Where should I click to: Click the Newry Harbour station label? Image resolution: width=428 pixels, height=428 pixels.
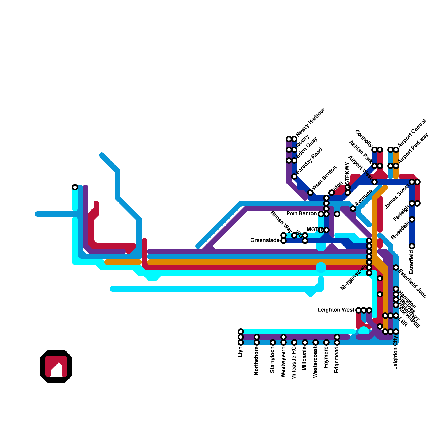[311, 122]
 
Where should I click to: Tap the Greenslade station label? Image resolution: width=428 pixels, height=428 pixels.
[265, 240]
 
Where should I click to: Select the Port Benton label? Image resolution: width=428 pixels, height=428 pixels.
[301, 214]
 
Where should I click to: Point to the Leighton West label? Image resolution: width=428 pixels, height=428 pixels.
[336, 310]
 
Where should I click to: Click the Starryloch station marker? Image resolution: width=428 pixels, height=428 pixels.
[273, 342]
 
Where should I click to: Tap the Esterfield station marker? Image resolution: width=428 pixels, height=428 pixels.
[412, 246]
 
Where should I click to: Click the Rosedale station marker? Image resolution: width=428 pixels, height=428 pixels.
[412, 219]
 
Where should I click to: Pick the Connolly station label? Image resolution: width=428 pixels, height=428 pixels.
[364, 138]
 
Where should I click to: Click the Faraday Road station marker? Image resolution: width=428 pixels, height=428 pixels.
[294, 177]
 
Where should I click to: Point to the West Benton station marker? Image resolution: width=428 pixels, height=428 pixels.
[310, 193]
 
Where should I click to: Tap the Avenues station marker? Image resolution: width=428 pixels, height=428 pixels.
[353, 209]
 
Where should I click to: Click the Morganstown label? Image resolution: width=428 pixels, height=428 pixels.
[354, 277]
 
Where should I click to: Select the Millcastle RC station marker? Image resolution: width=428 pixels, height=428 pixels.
[294, 342]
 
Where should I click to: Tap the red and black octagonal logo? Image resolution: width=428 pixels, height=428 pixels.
[56, 366]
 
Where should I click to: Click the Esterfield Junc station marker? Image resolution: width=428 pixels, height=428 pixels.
[396, 267]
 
